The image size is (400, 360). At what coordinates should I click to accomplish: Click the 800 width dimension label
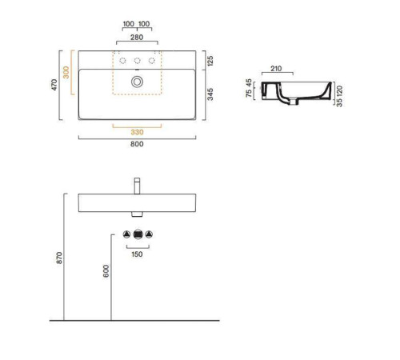click(x=137, y=144)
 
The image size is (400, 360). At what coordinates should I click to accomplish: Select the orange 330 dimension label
click(x=137, y=132)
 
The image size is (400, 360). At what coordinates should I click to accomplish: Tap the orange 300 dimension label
click(x=66, y=72)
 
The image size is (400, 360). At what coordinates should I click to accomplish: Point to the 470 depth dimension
click(x=54, y=85)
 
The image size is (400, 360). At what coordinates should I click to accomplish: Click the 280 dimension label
click(x=137, y=38)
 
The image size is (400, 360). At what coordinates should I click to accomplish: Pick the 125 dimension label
click(x=210, y=61)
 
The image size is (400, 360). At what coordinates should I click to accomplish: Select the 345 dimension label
click(x=210, y=94)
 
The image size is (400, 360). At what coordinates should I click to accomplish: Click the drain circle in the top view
click(x=137, y=82)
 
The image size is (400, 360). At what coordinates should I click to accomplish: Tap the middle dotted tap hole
click(x=137, y=61)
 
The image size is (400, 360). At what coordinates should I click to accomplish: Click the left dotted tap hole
click(x=122, y=61)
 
